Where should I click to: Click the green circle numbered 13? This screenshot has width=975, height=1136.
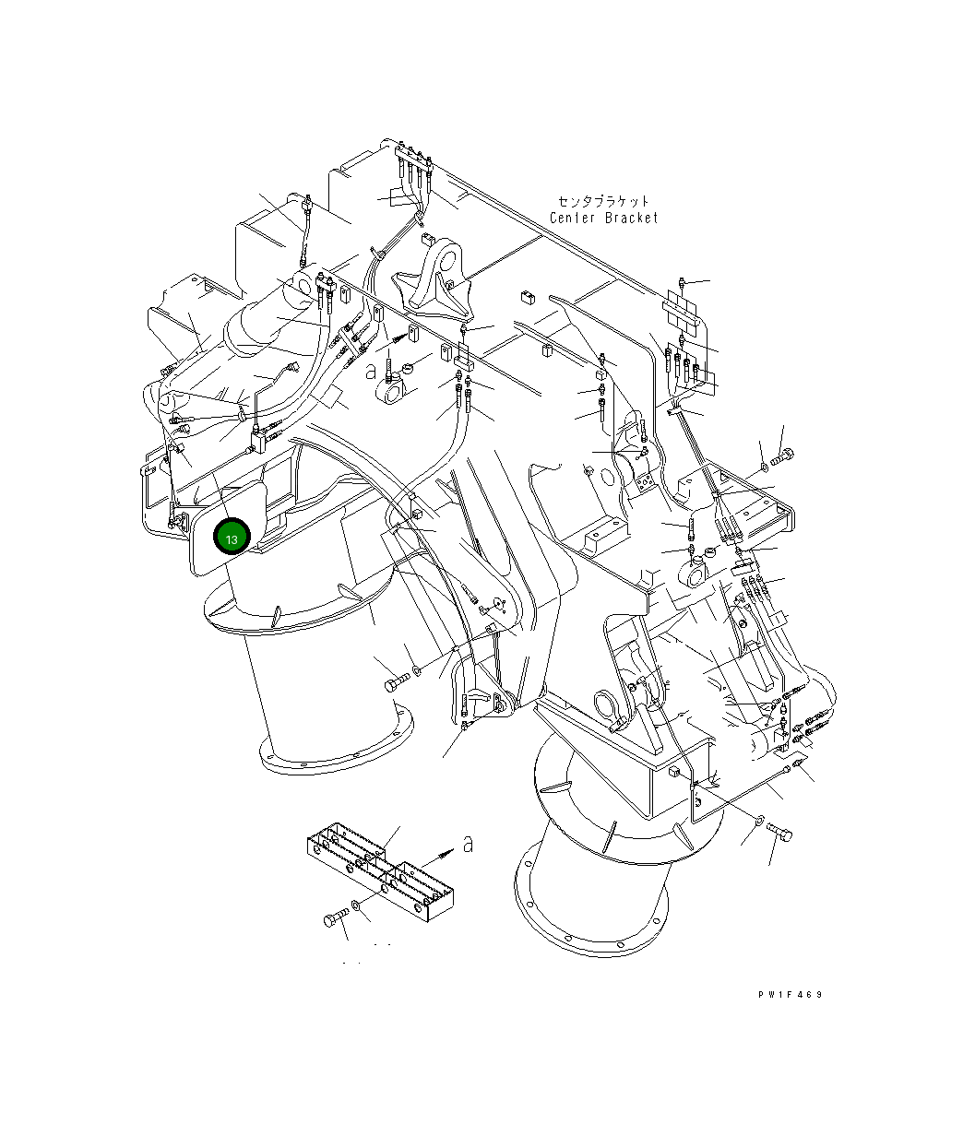(x=231, y=538)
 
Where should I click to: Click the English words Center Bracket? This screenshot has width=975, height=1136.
(x=604, y=219)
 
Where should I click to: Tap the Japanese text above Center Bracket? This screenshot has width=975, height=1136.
(x=604, y=200)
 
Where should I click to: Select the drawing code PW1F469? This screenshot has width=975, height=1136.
(x=790, y=995)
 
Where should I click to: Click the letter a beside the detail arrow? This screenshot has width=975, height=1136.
(x=468, y=843)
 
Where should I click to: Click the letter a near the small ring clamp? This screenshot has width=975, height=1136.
(x=370, y=371)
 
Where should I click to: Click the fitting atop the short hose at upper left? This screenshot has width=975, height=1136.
(x=306, y=200)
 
